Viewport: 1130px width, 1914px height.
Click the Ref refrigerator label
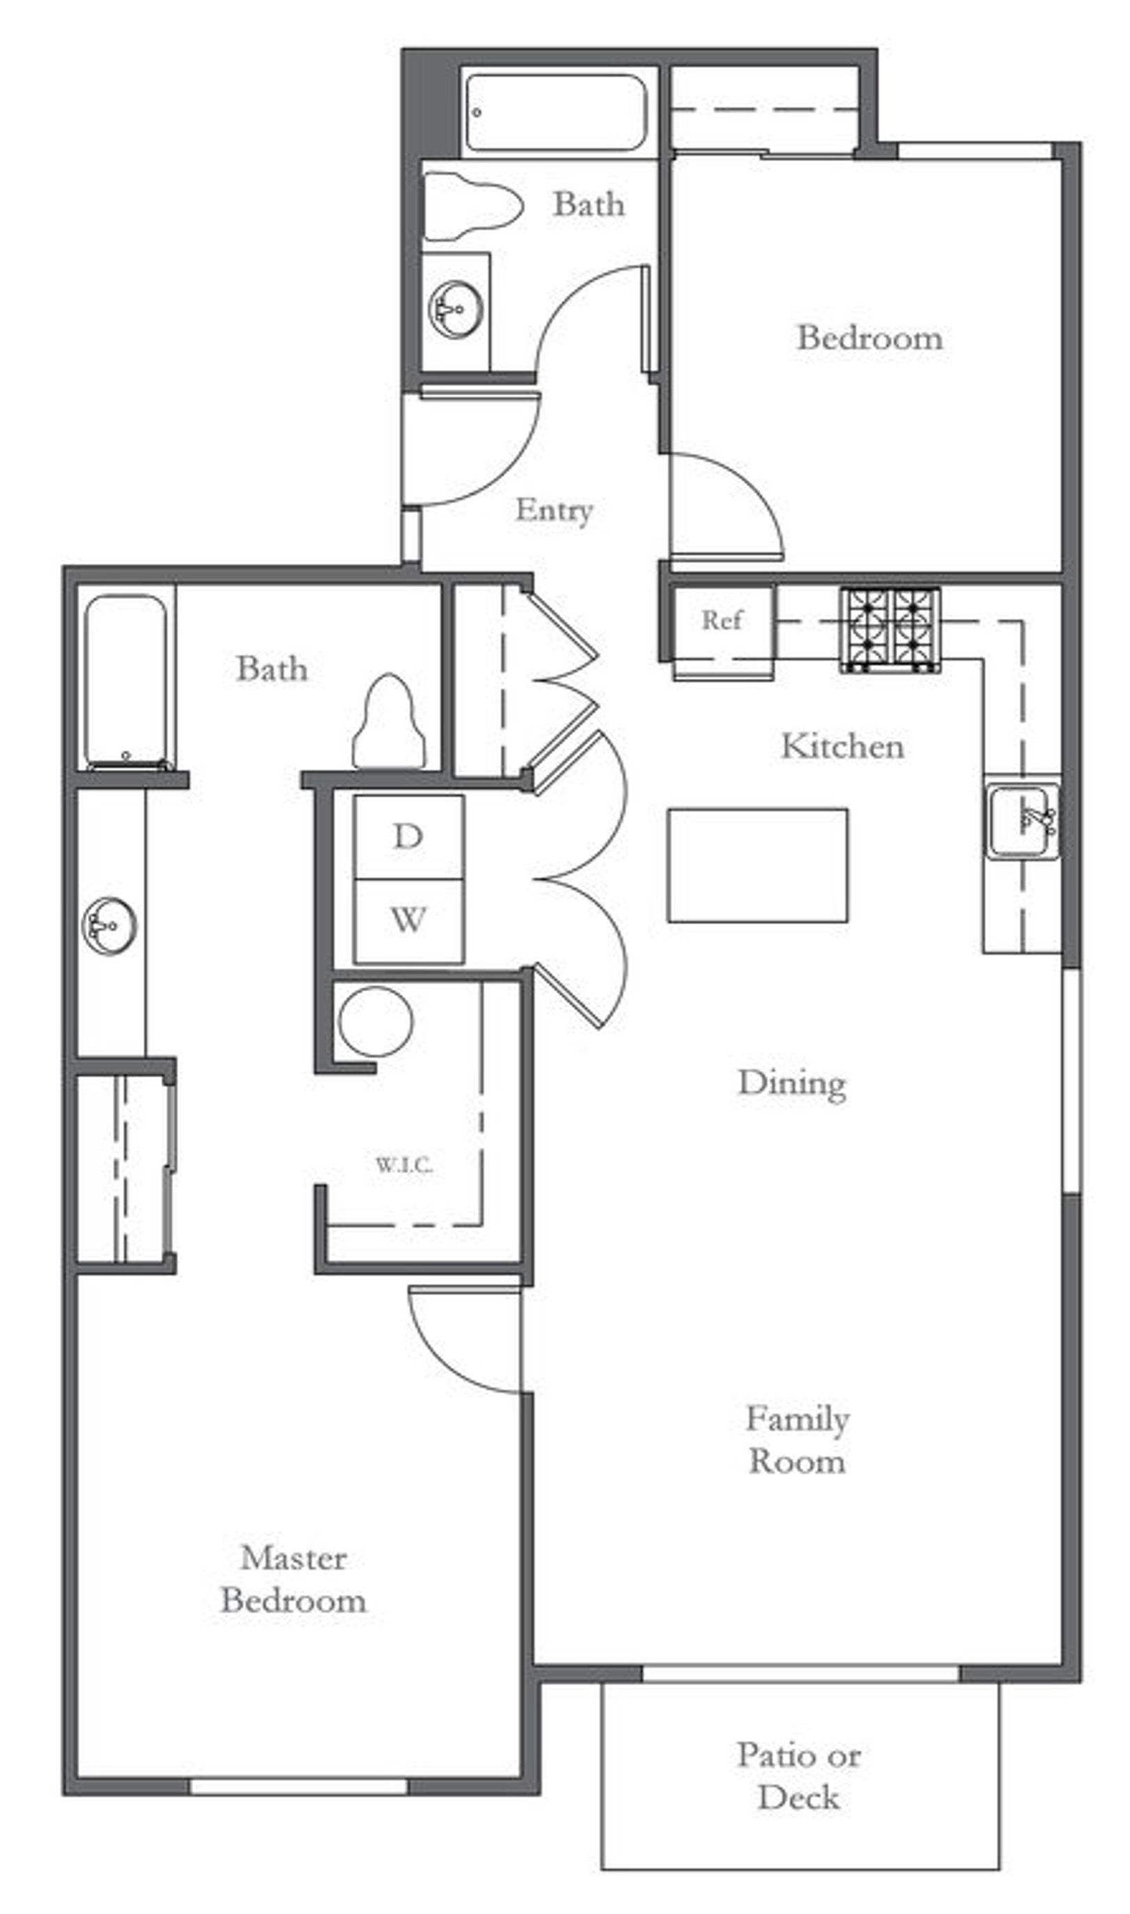pyautogui.click(x=720, y=620)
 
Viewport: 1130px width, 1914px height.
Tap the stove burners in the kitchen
pyautogui.click(x=889, y=629)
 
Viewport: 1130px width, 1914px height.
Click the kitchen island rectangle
pyautogui.click(x=758, y=865)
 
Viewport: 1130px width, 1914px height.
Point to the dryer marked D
pyautogui.click(x=408, y=837)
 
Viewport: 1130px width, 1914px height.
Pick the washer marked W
pyautogui.click(x=408, y=921)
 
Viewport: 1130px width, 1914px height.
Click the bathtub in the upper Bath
pyautogui.click(x=556, y=112)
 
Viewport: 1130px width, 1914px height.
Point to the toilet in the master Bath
pyautogui.click(x=388, y=721)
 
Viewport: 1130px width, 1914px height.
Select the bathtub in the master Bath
pyautogui.click(x=126, y=681)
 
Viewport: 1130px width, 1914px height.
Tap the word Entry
pyautogui.click(x=554, y=510)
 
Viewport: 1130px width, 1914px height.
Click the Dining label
pyautogui.click(x=792, y=1084)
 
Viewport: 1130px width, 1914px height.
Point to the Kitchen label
pyautogui.click(x=843, y=746)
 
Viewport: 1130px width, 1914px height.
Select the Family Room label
pyautogui.click(x=797, y=1440)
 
